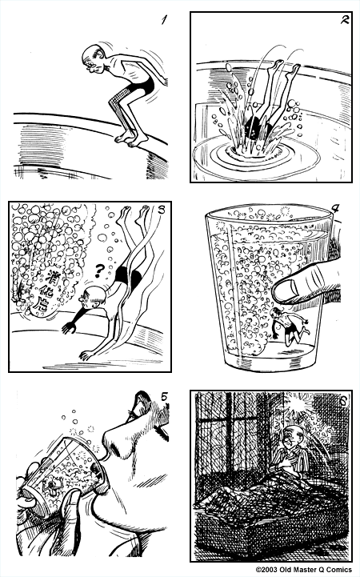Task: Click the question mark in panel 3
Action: pos(98,270)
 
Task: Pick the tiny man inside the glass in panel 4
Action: pos(282,327)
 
